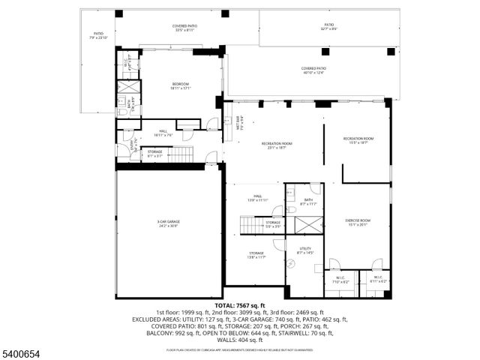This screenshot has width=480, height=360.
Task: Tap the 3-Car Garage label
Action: pyautogui.click(x=168, y=223)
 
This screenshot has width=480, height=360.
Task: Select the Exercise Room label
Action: pyautogui.click(x=358, y=222)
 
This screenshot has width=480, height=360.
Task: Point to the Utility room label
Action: pyautogui.click(x=305, y=250)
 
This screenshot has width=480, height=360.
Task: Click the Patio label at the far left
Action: pyautogui.click(x=98, y=35)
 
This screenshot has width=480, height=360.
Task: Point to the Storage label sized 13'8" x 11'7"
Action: pyautogui.click(x=256, y=255)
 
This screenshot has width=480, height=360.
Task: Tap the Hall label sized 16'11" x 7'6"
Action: pyautogui.click(x=163, y=133)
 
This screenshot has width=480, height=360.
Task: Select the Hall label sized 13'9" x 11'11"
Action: pyautogui.click(x=258, y=199)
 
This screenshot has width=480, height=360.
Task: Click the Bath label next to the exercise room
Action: pyautogui.click(x=308, y=202)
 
